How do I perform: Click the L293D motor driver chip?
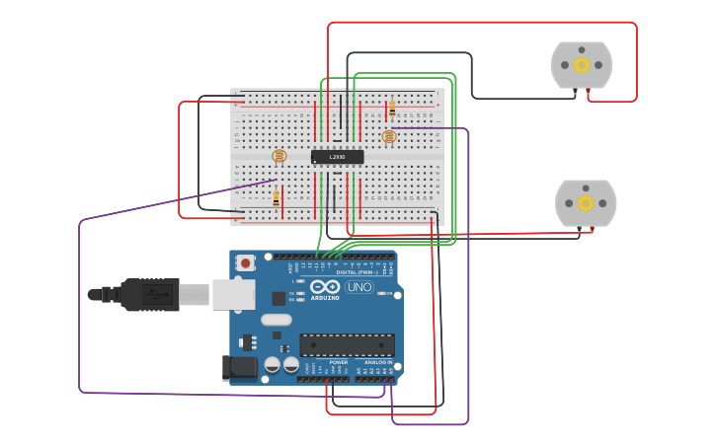click(337, 157)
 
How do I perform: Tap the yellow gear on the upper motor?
click(582, 65)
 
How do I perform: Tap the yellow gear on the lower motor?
click(586, 203)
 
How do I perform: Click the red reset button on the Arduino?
click(245, 262)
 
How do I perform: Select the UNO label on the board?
click(359, 287)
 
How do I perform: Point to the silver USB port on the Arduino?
click(233, 294)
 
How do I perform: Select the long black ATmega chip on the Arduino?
click(347, 345)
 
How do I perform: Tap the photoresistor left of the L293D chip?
click(278, 156)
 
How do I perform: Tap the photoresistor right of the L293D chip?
click(388, 136)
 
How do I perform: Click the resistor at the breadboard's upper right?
click(392, 108)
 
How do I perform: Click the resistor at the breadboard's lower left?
click(277, 198)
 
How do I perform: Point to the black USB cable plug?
click(148, 294)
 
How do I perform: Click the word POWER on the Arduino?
click(339, 362)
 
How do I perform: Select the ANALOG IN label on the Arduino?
click(377, 362)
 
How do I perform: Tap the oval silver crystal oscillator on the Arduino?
click(277, 320)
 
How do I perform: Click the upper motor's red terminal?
click(589, 91)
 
